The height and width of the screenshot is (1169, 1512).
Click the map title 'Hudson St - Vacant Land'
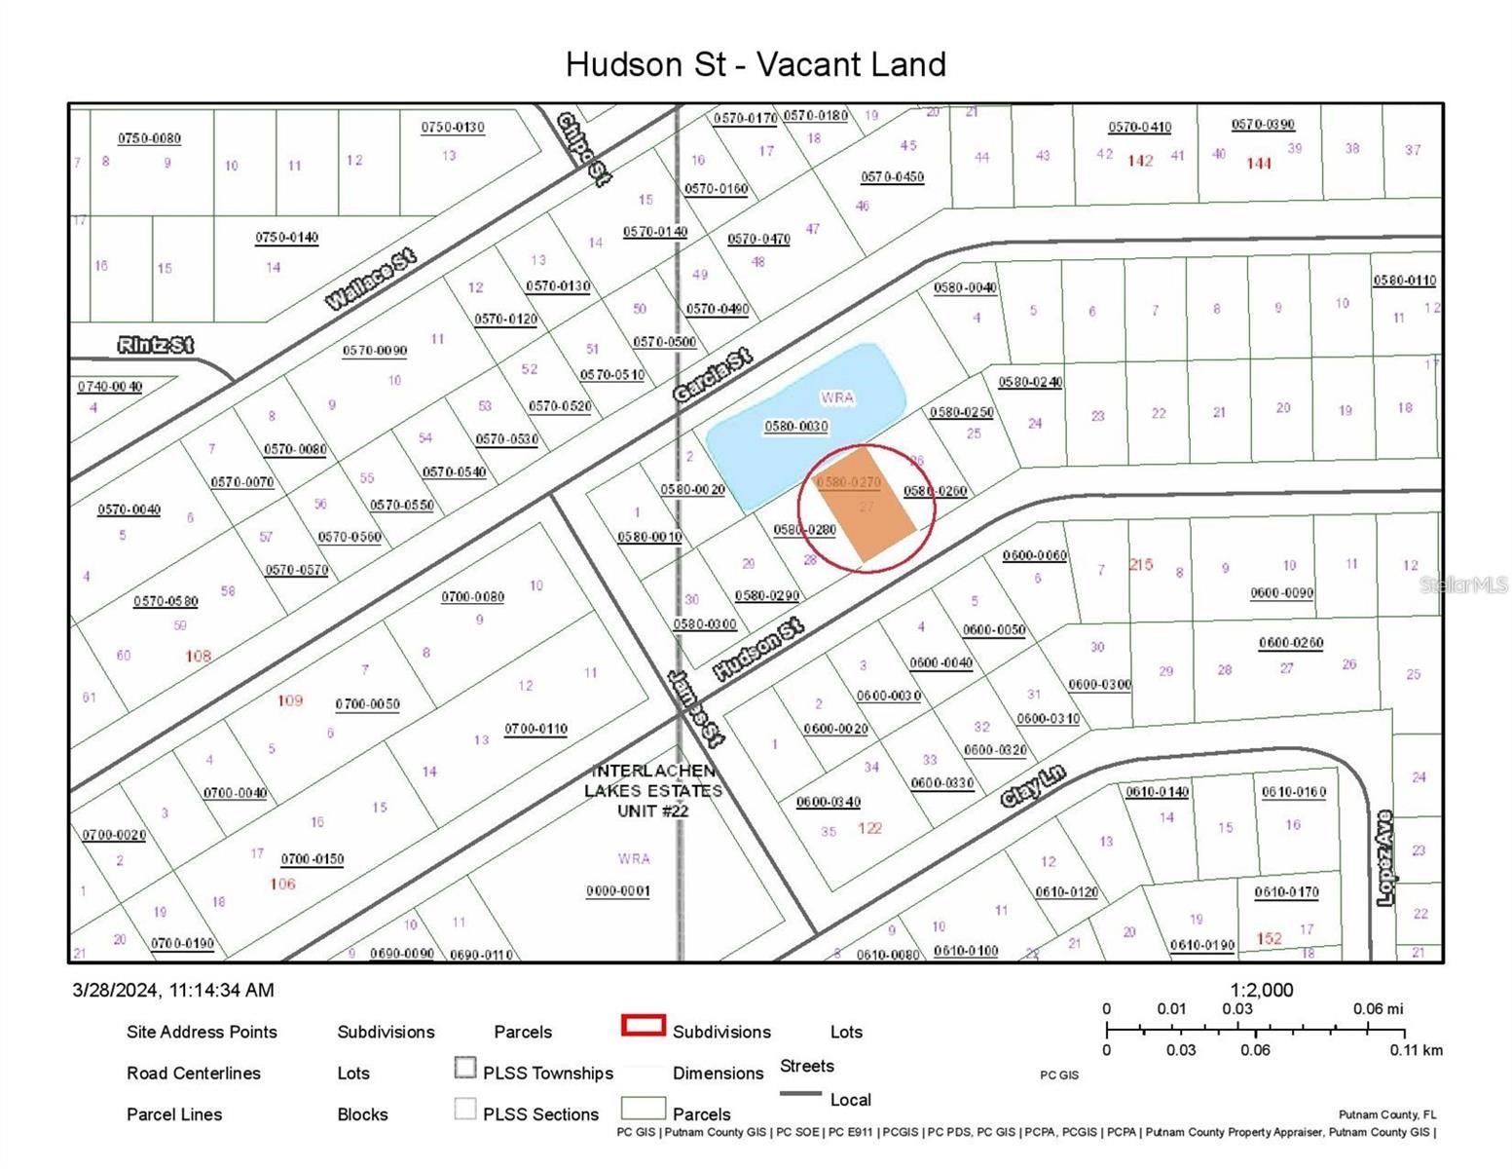pyautogui.click(x=756, y=64)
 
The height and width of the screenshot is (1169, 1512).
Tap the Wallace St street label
pyautogui.click(x=370, y=280)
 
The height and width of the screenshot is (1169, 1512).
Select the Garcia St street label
pyautogui.click(x=712, y=375)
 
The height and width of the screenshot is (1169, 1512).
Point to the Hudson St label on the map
pyautogui.click(x=757, y=650)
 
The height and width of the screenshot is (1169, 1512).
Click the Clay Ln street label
pyautogui.click(x=1033, y=786)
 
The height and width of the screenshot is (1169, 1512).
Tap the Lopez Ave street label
pyautogui.click(x=1385, y=858)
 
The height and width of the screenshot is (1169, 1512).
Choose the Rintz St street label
pyautogui.click(x=155, y=345)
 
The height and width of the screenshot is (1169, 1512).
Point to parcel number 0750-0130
pyautogui.click(x=453, y=128)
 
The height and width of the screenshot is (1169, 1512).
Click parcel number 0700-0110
pyautogui.click(x=535, y=729)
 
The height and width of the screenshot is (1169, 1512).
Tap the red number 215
pyautogui.click(x=1140, y=564)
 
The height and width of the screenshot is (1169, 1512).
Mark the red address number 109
pyautogui.click(x=290, y=699)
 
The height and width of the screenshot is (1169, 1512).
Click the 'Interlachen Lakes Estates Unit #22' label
pyautogui.click(x=653, y=790)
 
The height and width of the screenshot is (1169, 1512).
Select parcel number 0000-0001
pyautogui.click(x=617, y=890)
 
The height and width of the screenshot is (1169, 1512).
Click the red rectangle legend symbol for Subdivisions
pyautogui.click(x=643, y=1025)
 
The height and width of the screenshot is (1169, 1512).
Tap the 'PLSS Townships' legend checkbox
pyautogui.click(x=465, y=1069)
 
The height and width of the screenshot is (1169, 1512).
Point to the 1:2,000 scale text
pyautogui.click(x=1262, y=990)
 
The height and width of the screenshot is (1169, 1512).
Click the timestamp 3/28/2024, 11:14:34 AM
pyautogui.click(x=173, y=990)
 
